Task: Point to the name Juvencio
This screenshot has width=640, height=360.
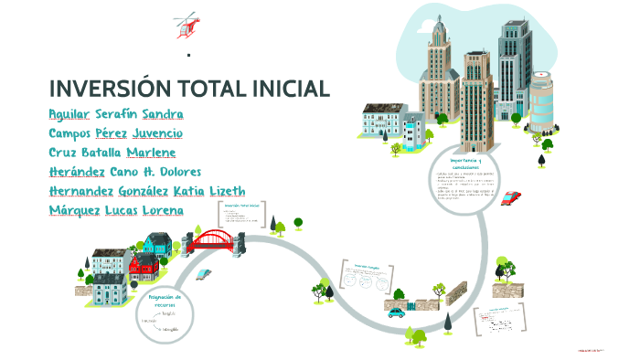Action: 151,133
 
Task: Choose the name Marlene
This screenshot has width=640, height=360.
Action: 151,153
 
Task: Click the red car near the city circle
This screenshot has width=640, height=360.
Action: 511,197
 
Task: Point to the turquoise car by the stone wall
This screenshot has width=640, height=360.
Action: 396,312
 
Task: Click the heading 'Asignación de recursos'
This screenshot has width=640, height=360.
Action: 165,301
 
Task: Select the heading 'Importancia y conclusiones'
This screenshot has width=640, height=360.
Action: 465,161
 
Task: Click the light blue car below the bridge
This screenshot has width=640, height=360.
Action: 203,273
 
